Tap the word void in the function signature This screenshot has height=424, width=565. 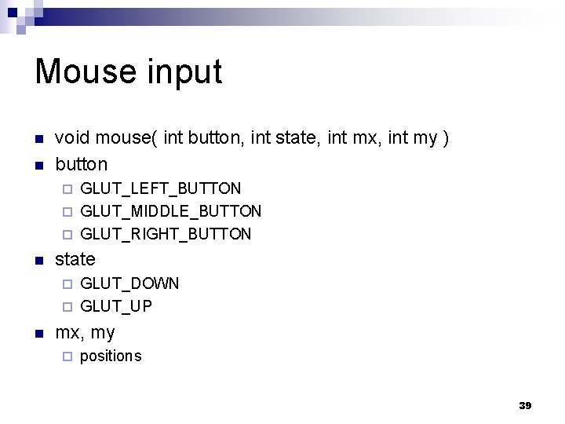pos(72,139)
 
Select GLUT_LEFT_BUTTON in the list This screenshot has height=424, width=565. pos(161,188)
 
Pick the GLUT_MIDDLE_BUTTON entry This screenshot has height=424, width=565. pos(171,211)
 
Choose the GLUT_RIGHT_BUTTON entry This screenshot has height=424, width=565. pos(166,234)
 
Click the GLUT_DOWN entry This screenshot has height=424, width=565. pos(129,283)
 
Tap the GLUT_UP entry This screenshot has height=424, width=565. pos(116,306)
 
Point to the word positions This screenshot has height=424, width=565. pos(111,356)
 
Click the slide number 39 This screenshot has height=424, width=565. pos(525,406)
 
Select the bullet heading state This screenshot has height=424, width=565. pos(75,259)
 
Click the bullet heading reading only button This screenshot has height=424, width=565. pos(81,165)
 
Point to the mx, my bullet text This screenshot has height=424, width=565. pos(85,332)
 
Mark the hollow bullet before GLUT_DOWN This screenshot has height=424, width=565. pos(67,283)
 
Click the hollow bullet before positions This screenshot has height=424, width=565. pos(67,356)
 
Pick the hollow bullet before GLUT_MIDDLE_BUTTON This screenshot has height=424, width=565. pos(67,211)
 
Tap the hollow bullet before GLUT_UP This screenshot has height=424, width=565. pos(67,306)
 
